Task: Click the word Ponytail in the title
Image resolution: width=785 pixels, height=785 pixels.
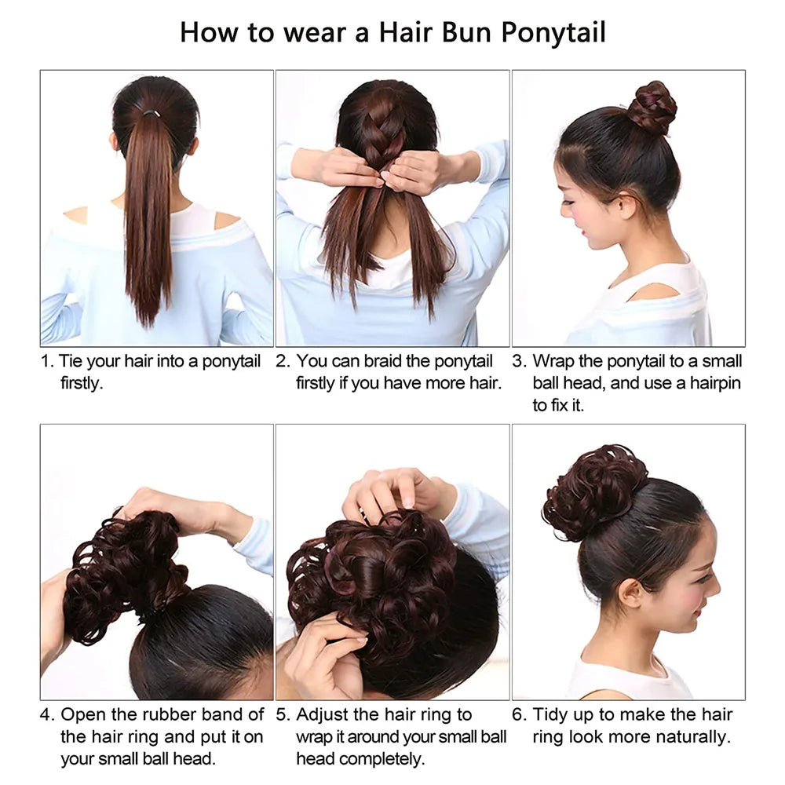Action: point(553,34)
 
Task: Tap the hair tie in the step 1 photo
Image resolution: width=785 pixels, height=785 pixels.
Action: point(152,113)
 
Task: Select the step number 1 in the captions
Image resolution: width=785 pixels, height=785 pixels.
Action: point(46,361)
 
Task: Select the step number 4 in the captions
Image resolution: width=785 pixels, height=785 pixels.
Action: point(46,714)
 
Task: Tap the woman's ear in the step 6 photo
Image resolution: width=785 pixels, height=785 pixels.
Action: point(631,593)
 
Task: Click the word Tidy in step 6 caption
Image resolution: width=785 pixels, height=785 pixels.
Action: point(551,715)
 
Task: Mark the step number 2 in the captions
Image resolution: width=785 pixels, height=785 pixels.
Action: point(283,361)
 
